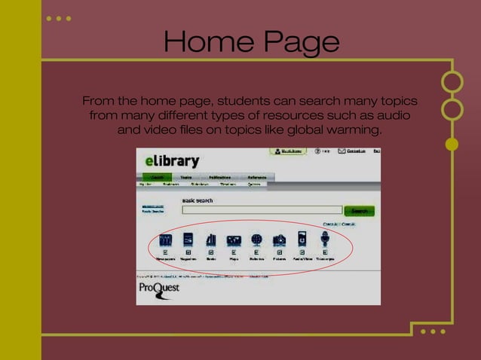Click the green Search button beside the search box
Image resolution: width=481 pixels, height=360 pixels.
coord(359,211)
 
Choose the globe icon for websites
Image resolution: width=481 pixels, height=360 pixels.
coord(256,239)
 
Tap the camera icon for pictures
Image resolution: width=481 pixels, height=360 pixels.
coord(279,239)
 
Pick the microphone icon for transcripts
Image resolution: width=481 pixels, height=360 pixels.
coord(325,239)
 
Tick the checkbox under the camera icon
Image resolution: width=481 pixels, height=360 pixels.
coord(279,252)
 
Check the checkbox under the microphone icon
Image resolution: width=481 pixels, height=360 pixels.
coord(325,252)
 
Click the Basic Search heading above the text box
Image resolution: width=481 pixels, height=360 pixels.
coord(198,200)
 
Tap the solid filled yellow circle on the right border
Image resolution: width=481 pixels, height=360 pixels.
coord(452,144)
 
